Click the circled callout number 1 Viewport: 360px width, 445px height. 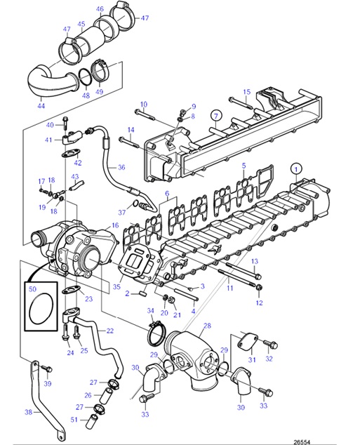(296, 168)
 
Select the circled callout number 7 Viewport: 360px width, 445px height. (215, 115)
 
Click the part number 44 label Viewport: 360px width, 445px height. (41, 106)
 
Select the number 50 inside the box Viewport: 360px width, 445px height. (31, 288)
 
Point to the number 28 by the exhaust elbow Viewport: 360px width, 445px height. (206, 326)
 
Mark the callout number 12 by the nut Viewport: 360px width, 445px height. (259, 303)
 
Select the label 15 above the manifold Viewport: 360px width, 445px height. (246, 92)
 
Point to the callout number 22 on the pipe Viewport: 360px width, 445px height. (109, 331)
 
